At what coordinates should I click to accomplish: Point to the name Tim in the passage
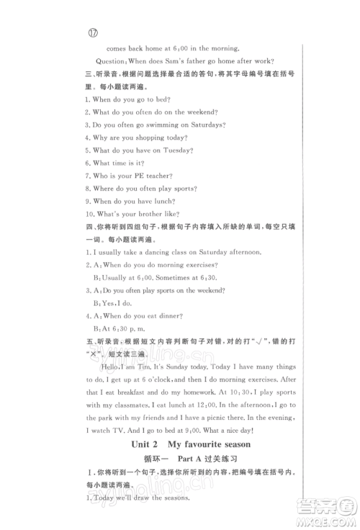tap(154, 366)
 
